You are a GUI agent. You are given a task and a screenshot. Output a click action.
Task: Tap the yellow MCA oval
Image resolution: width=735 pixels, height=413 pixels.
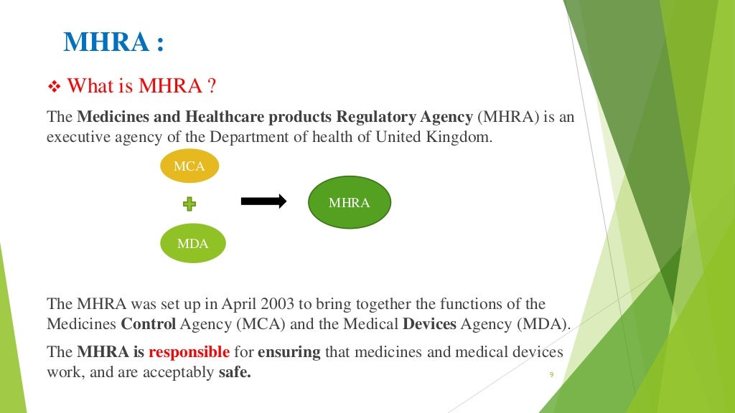(x=189, y=166)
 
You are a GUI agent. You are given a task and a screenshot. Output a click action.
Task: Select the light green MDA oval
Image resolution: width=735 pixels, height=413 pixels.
(x=192, y=244)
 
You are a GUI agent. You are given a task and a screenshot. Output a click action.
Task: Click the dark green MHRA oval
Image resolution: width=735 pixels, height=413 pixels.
(x=349, y=203)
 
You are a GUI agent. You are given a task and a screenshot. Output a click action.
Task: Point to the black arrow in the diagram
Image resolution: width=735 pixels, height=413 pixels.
(x=263, y=201)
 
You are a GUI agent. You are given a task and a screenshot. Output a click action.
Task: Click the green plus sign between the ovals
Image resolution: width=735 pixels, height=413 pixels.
(x=189, y=205)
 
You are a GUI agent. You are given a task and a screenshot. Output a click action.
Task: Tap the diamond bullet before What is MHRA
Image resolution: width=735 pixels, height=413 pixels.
(x=55, y=87)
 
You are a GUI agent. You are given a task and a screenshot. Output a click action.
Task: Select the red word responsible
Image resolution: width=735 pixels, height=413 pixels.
(x=189, y=352)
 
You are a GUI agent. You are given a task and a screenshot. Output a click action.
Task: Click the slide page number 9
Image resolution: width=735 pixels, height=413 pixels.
(x=551, y=374)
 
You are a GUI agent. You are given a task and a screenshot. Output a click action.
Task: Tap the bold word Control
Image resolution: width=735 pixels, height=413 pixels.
(x=149, y=324)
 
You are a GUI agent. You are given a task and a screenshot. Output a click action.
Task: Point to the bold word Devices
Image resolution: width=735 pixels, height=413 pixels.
(x=429, y=324)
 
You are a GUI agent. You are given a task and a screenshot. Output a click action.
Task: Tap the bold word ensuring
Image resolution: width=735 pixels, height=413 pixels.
(x=289, y=352)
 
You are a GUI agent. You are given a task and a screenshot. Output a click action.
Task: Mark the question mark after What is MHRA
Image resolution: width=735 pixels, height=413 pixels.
(x=212, y=87)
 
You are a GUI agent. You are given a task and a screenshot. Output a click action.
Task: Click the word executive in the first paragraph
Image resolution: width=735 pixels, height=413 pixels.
(x=78, y=137)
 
